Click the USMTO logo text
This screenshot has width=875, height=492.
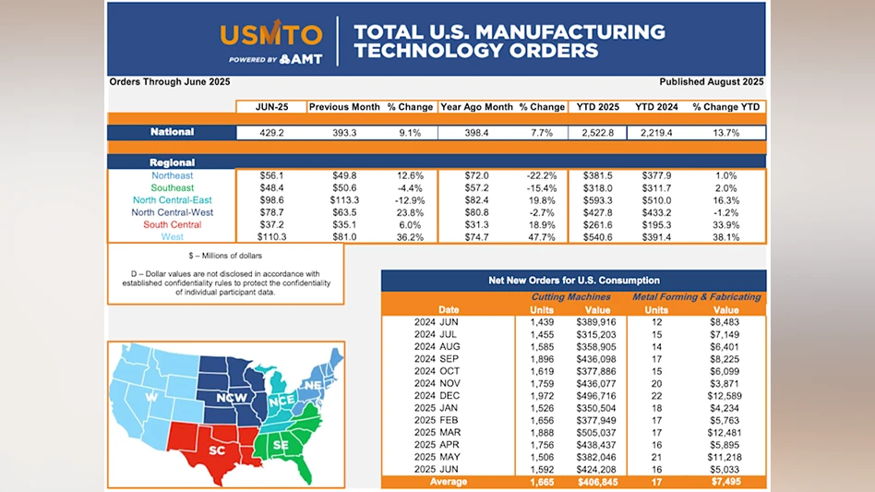coord(271,35)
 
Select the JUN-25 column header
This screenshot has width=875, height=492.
coord(271,107)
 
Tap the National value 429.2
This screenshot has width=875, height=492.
coord(271,133)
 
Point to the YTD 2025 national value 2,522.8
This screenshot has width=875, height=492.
coord(598,133)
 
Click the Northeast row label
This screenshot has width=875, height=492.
coord(173,175)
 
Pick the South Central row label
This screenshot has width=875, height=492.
coord(173,224)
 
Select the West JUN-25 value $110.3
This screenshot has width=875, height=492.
coord(271,237)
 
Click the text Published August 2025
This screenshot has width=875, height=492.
coord(712,82)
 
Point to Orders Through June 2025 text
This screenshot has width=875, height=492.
coord(170,82)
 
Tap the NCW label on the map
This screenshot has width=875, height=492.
coord(231,398)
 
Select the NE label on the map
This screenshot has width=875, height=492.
coord(314,385)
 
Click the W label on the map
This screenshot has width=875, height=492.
coord(151,399)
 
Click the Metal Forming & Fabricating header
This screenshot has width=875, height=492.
coord(696,297)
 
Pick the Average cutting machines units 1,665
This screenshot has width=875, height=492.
coord(541,481)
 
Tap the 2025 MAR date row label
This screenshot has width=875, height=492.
coord(437,432)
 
